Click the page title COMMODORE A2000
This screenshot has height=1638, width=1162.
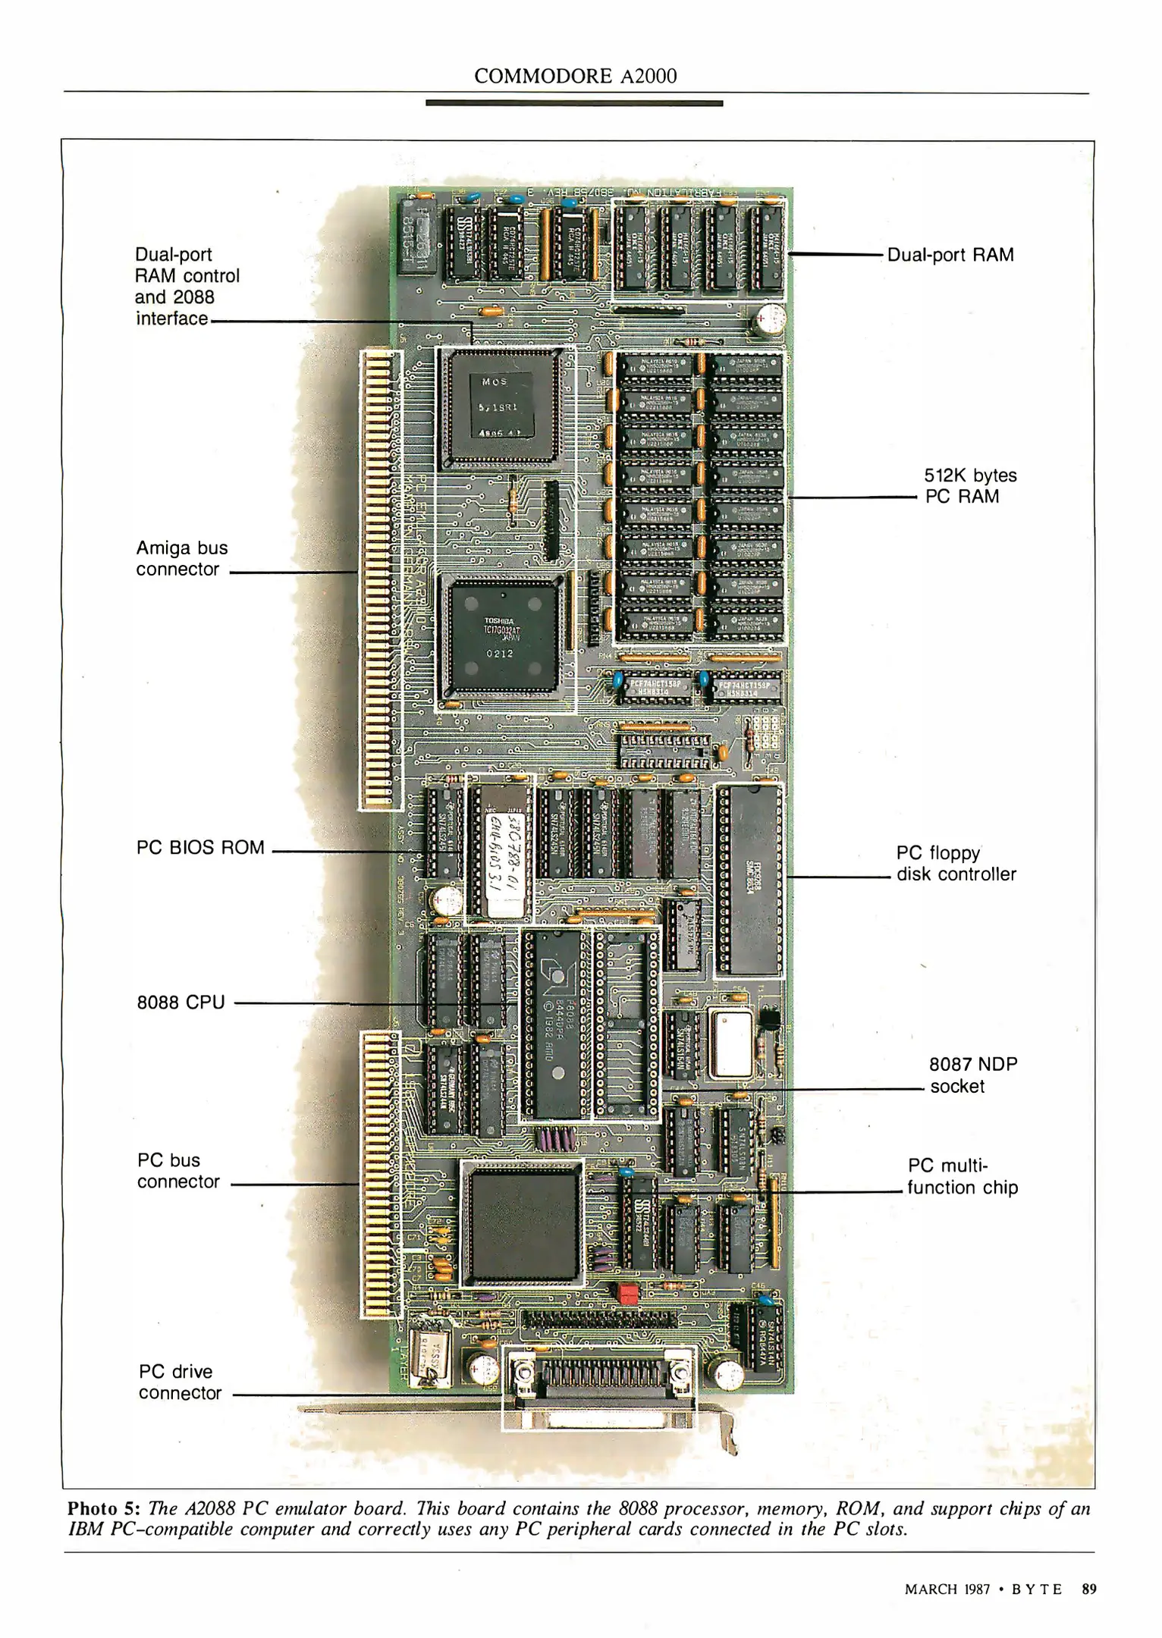pyautogui.click(x=575, y=76)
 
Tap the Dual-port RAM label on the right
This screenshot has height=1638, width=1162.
pyautogui.click(x=950, y=255)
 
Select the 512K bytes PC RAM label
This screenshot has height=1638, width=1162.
pyautogui.click(x=970, y=486)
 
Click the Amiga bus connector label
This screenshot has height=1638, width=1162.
pyautogui.click(x=181, y=559)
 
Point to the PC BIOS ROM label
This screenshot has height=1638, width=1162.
pyautogui.click(x=200, y=847)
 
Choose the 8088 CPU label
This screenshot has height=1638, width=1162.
pyautogui.click(x=181, y=1003)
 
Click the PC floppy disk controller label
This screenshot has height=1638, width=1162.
pyautogui.click(x=956, y=864)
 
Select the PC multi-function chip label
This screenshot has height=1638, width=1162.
pyautogui.click(x=962, y=1176)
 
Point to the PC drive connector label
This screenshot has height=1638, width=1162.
pyautogui.click(x=179, y=1382)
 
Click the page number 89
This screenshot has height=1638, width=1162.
pyautogui.click(x=1089, y=1589)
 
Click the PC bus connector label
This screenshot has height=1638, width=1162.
pyautogui.click(x=178, y=1171)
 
